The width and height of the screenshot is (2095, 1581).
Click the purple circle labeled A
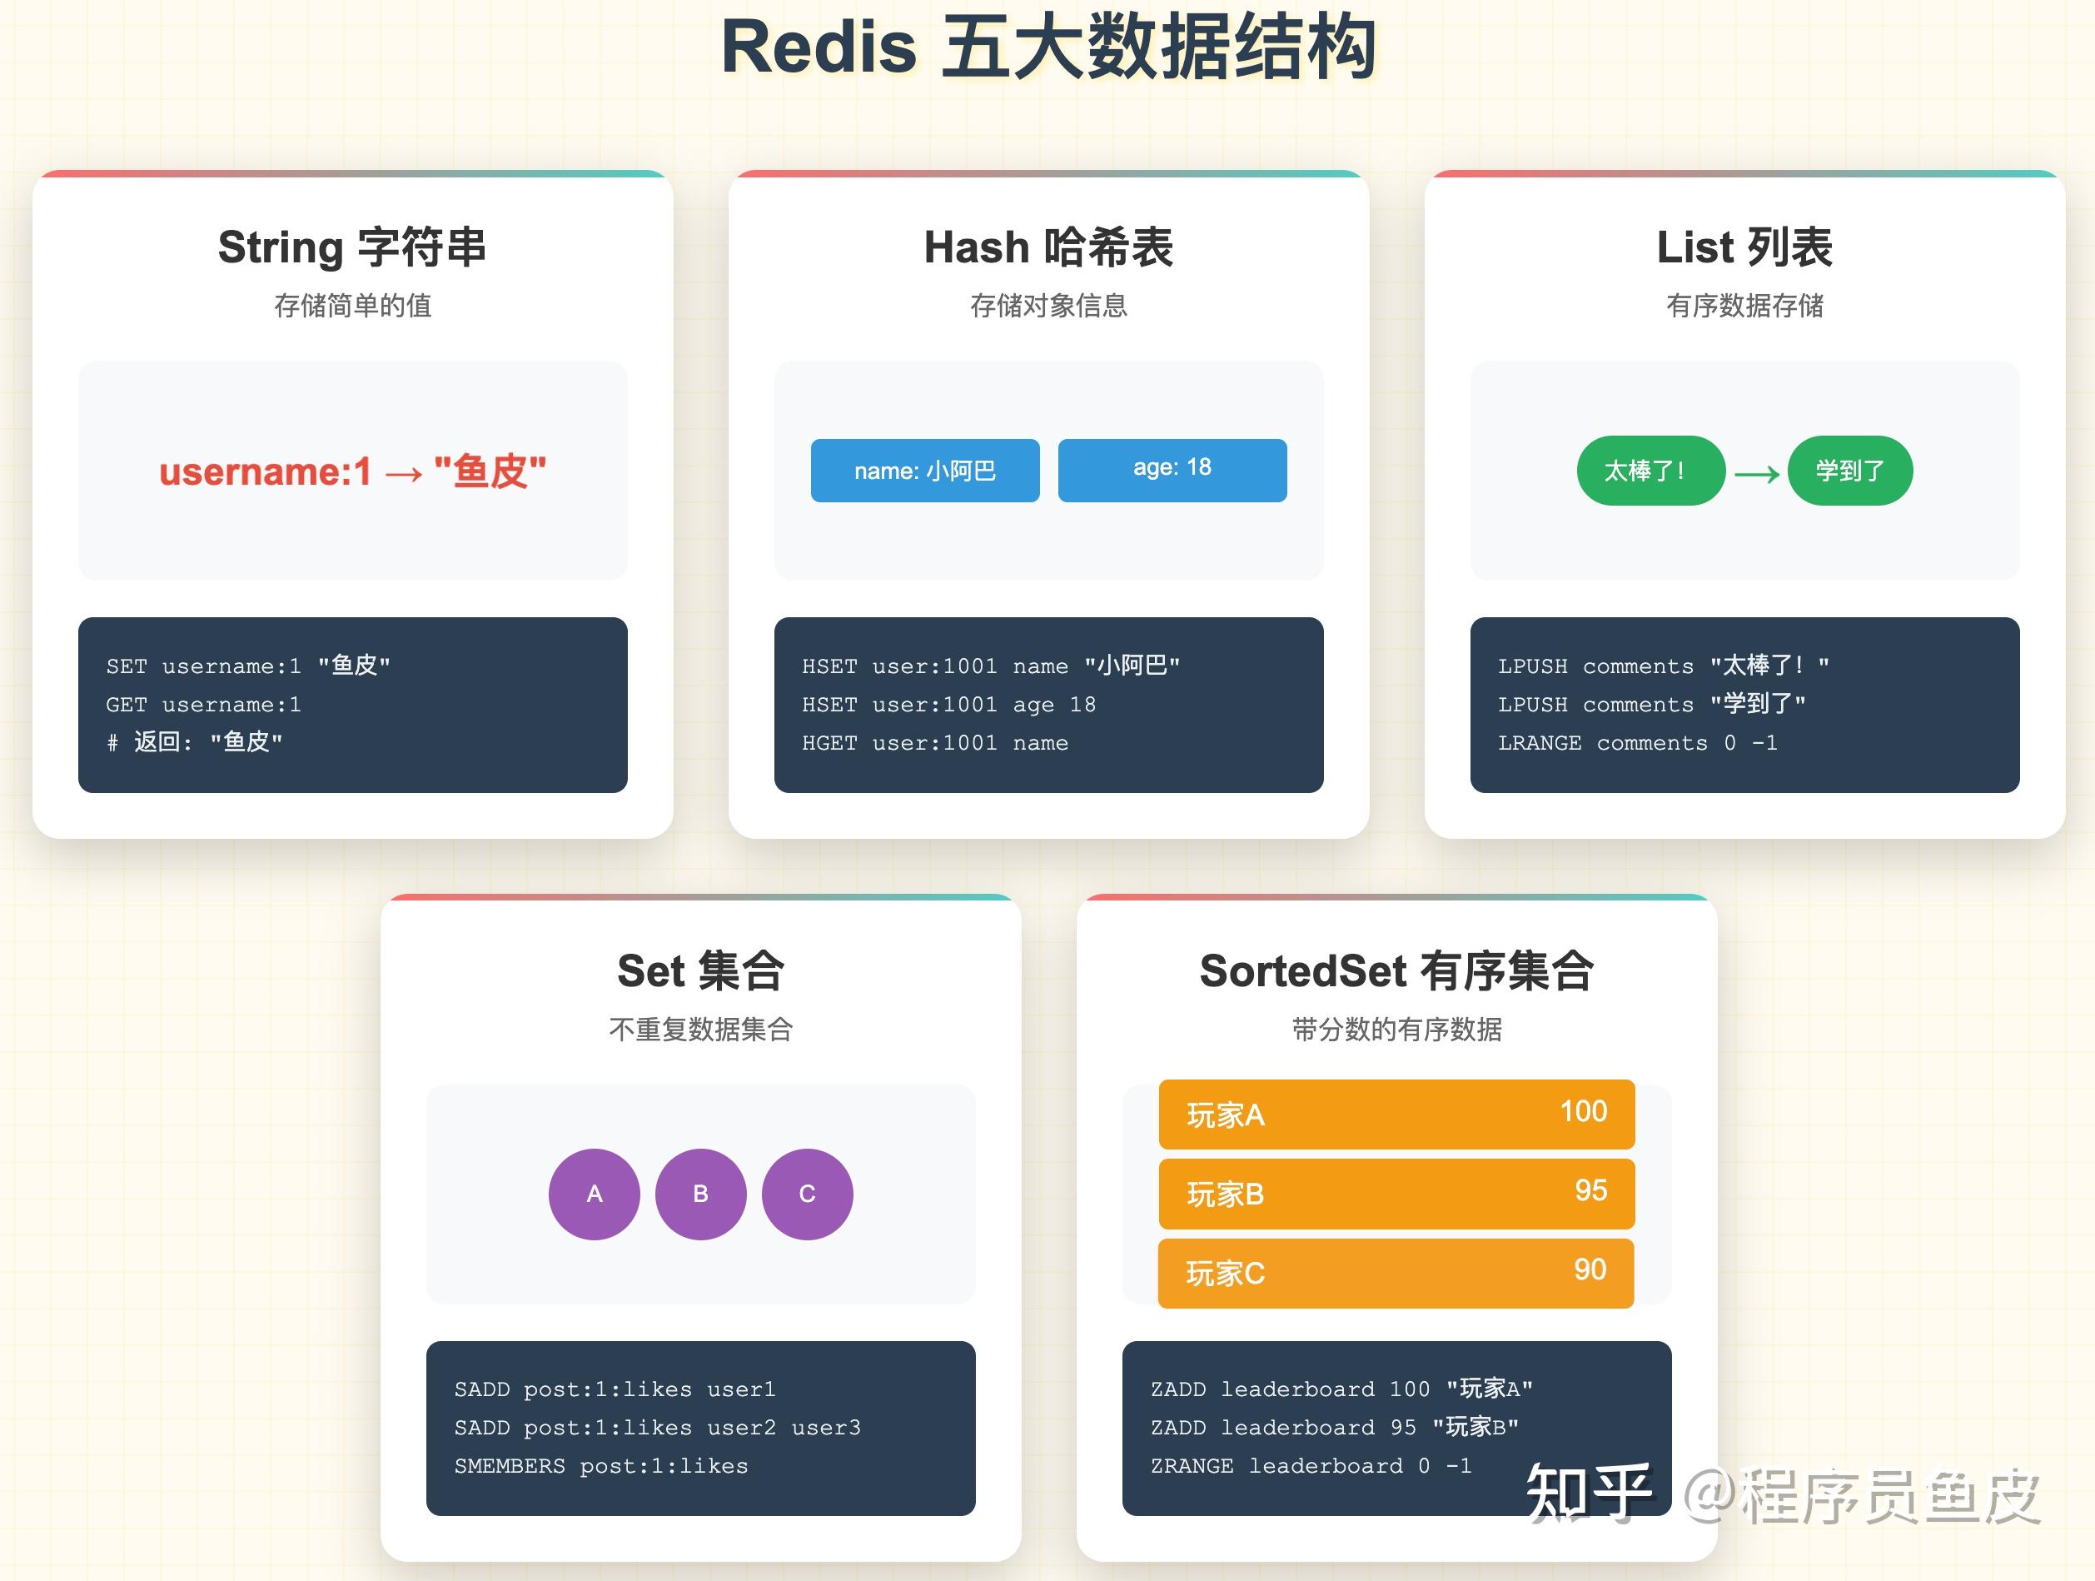pyautogui.click(x=594, y=1194)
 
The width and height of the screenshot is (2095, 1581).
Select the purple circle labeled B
pyautogui.click(x=700, y=1194)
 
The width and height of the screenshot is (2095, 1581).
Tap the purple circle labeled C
pyautogui.click(x=807, y=1194)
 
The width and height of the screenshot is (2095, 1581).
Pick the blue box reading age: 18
pyautogui.click(x=1172, y=470)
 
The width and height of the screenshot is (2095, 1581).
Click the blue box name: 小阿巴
pyautogui.click(x=924, y=470)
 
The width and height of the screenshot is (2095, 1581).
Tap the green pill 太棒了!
pyautogui.click(x=1650, y=470)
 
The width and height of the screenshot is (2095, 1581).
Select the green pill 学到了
pyautogui.click(x=1849, y=470)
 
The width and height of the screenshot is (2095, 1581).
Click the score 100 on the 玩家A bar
pyautogui.click(x=1583, y=1111)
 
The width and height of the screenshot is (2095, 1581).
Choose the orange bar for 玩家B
pyautogui.click(x=1396, y=1194)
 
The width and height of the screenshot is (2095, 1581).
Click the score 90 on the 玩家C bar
pyautogui.click(x=1590, y=1269)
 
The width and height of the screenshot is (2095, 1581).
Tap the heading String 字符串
pyautogui.click(x=352, y=247)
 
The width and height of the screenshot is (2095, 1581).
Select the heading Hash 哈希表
pyautogui.click(x=1048, y=247)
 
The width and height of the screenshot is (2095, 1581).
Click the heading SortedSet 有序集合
pyautogui.click(x=1396, y=971)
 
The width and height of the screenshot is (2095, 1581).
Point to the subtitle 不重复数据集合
pyautogui.click(x=700, y=1029)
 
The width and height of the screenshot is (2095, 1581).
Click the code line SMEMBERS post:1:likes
pyautogui.click(x=600, y=1466)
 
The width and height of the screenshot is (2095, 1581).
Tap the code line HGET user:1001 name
pyautogui.click(x=935, y=744)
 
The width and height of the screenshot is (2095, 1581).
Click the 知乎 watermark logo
pyautogui.click(x=1588, y=1492)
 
